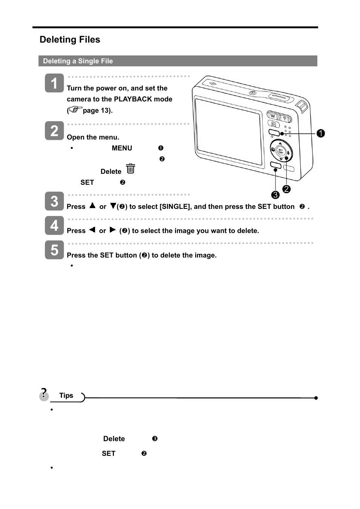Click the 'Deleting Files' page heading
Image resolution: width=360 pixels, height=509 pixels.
click(70, 40)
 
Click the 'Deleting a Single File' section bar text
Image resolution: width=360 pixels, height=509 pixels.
click(78, 61)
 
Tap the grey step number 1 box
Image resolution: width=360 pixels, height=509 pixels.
click(54, 83)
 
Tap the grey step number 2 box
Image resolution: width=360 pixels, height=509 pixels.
click(54, 130)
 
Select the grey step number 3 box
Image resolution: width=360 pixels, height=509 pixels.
click(54, 201)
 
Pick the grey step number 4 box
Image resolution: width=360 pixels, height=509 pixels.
click(54, 225)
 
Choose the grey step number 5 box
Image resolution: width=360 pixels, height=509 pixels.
click(54, 250)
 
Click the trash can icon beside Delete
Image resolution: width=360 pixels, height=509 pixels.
click(131, 169)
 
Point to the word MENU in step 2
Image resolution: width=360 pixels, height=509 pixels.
click(122, 148)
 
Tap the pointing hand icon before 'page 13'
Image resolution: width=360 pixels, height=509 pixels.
click(75, 110)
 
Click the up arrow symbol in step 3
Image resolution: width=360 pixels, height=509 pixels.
click(92, 206)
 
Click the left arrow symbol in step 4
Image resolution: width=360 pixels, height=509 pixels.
click(92, 230)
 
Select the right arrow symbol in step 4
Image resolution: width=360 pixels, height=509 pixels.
click(112, 230)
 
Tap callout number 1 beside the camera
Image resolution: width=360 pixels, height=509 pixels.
click(321, 133)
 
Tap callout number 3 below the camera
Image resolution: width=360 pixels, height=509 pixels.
click(275, 195)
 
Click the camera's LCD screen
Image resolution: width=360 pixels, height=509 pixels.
click(228, 130)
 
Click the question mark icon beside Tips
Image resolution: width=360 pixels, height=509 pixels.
click(44, 394)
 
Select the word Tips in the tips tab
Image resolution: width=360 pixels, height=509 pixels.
click(66, 396)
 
